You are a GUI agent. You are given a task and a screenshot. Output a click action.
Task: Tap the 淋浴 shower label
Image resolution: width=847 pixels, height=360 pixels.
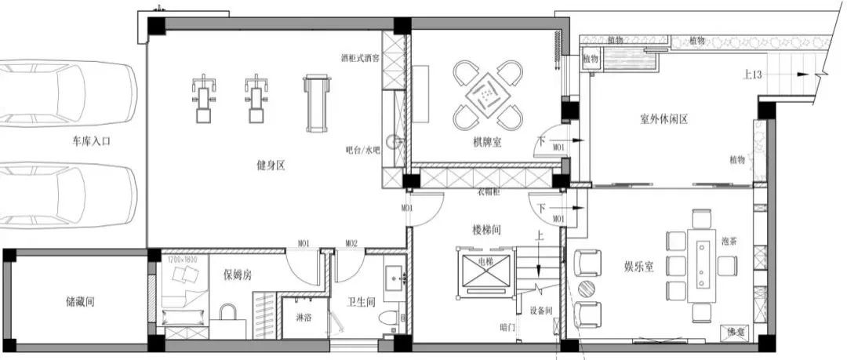(x=304, y=318)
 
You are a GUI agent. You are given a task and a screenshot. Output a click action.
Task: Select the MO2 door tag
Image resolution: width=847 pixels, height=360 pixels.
(x=351, y=244)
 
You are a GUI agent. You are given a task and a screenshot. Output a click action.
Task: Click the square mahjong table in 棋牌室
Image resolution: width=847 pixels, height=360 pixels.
(x=488, y=96)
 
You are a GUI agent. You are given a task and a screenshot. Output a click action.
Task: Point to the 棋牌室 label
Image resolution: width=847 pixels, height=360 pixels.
(x=487, y=143)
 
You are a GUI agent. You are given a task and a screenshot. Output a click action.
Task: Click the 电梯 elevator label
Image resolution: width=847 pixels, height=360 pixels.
(x=475, y=260)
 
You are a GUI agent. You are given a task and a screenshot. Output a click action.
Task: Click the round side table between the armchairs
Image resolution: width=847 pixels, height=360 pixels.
(x=587, y=289)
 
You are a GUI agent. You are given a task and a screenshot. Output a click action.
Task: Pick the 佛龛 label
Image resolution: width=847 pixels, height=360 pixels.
(x=737, y=333)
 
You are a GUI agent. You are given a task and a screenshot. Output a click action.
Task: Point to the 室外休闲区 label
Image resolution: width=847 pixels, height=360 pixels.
(x=663, y=120)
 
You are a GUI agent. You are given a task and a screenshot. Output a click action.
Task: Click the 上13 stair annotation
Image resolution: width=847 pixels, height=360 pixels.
(x=752, y=75)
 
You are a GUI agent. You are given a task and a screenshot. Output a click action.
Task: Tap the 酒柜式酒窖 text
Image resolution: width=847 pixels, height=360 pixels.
(x=360, y=57)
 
